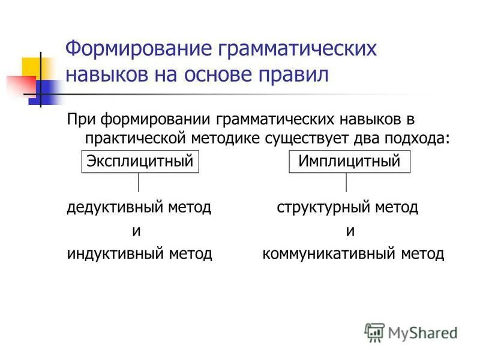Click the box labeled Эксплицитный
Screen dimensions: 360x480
pyautogui.click(x=140, y=162)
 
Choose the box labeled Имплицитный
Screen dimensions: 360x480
pyautogui.click(x=349, y=162)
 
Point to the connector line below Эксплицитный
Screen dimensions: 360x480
pyautogui.click(x=139, y=182)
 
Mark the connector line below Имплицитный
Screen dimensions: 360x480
pyautogui.click(x=346, y=182)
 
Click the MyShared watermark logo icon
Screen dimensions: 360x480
pyautogui.click(x=374, y=332)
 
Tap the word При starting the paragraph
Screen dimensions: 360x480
pyautogui.click(x=79, y=121)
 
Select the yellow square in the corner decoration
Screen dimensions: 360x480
pyautogui.click(x=32, y=67)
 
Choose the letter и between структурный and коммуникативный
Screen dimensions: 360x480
pyautogui.click(x=350, y=231)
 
